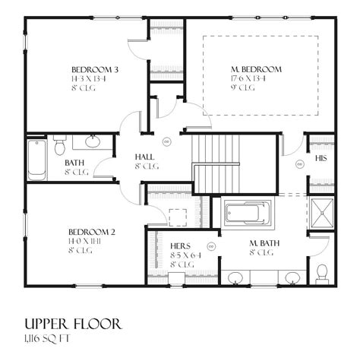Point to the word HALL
tap(145, 157)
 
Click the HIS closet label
tap(321, 159)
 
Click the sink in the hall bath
tap(93, 141)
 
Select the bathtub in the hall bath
tap(36, 159)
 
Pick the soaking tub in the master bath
tap(245, 213)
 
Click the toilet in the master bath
tap(321, 271)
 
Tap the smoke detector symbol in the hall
tap(166, 140)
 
